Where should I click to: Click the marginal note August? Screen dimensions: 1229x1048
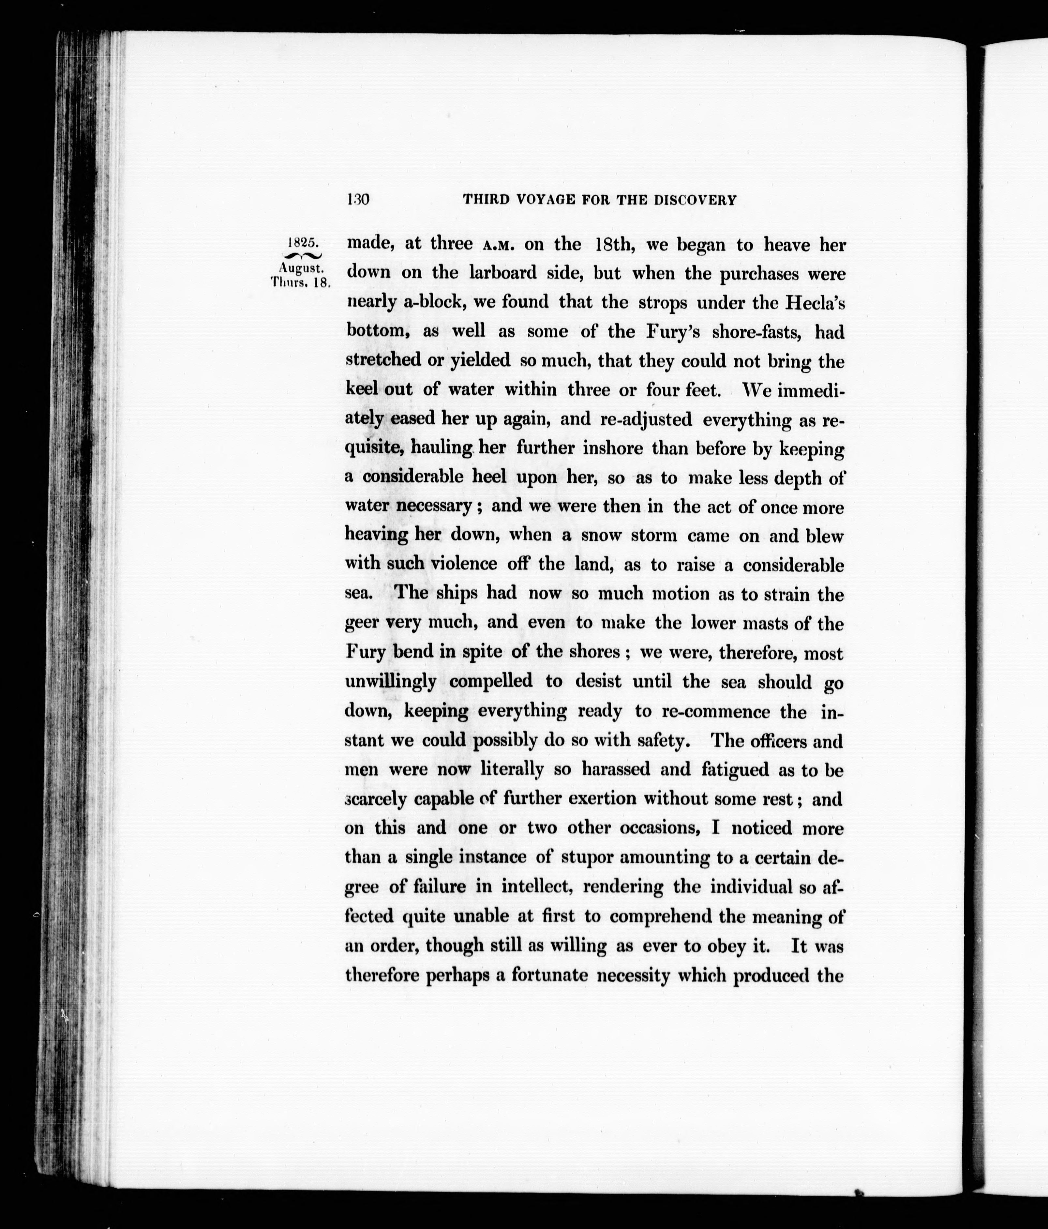(x=301, y=268)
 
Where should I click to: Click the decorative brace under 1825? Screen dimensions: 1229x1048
(x=302, y=255)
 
